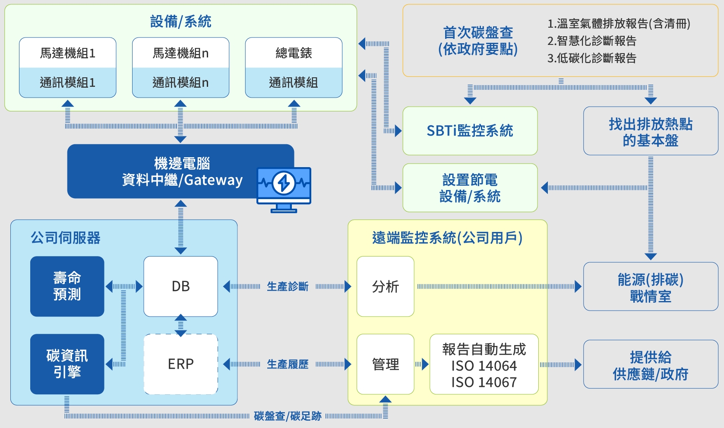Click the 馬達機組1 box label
[x=67, y=53]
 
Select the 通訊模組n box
[x=180, y=82]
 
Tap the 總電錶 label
[x=294, y=53]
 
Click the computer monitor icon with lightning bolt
[x=284, y=189]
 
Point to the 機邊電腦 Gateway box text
[x=182, y=172]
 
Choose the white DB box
[x=180, y=286]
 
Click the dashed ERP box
[x=180, y=364]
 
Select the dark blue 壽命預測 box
[x=67, y=286]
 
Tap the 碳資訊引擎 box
[x=67, y=364]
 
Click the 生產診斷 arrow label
[x=288, y=286]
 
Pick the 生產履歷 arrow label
[x=288, y=364]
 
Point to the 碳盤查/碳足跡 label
[x=288, y=416]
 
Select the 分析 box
[x=385, y=286]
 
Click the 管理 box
[x=385, y=364]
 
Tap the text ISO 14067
[x=484, y=382]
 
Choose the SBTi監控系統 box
[x=470, y=131]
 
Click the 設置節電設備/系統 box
[x=470, y=188]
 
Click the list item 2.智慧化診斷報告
[x=592, y=41]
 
